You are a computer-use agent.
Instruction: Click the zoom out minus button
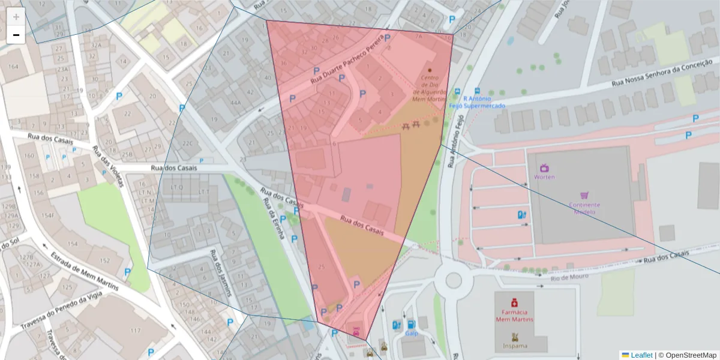[x=16, y=35]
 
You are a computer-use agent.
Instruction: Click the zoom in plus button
[x=16, y=17]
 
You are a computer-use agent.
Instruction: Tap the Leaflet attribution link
[x=641, y=355]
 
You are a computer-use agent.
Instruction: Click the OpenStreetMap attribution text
[x=687, y=355]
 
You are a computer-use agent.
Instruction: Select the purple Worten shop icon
[x=544, y=168]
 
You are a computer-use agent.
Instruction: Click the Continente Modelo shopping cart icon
[x=584, y=195]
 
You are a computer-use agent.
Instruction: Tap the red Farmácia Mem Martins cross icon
[x=514, y=303]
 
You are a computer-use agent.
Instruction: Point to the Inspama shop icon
[x=514, y=337]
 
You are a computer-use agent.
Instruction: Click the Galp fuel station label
[x=411, y=333]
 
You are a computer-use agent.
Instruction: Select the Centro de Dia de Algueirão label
[x=430, y=88]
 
